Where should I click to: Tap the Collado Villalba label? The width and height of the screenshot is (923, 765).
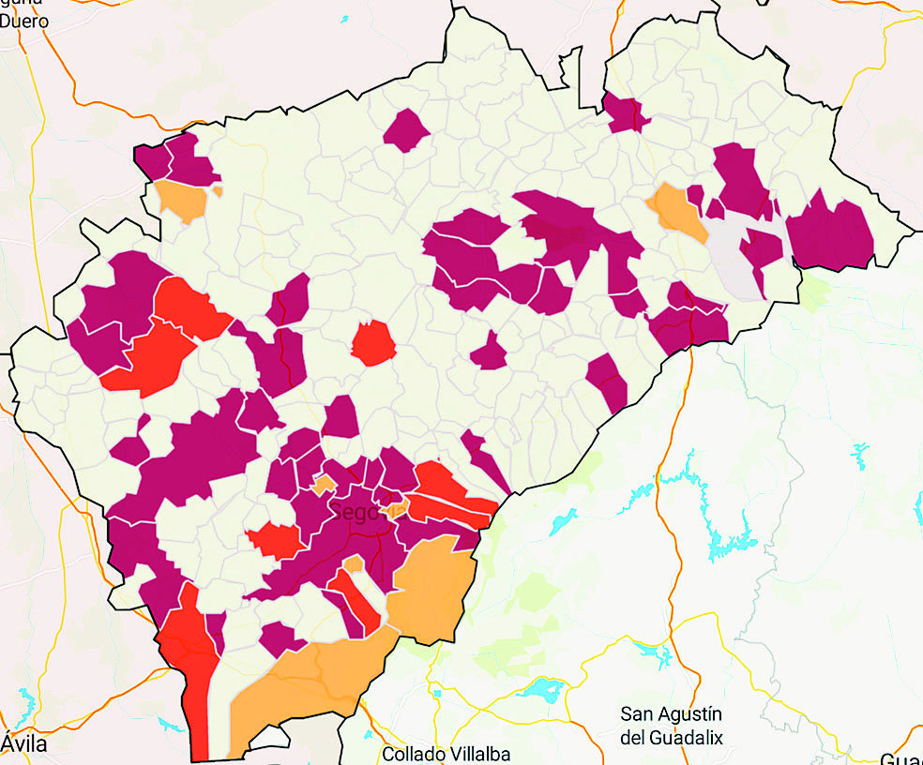(x=446, y=754)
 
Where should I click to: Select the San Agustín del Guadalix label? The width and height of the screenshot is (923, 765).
(x=672, y=725)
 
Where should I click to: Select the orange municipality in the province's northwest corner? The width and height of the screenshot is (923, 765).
(x=183, y=200)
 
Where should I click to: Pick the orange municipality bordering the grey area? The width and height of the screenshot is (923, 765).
(x=678, y=210)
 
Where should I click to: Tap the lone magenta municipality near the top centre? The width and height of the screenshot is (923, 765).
(x=406, y=129)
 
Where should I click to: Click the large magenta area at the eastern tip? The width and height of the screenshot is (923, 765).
(x=832, y=234)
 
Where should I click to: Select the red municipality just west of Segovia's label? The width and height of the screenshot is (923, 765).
(x=275, y=539)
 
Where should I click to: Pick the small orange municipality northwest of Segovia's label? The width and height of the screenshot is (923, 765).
(x=324, y=485)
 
